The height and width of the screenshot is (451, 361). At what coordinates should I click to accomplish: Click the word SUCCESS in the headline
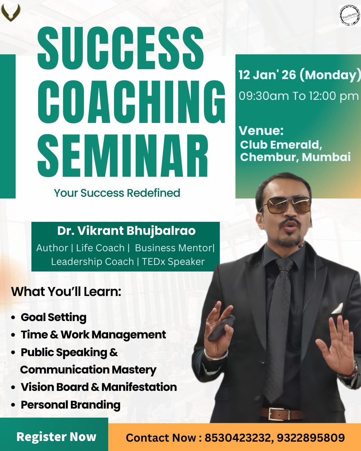pyautogui.click(x=120, y=48)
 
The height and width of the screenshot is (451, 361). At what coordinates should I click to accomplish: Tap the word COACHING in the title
pyautogui.click(x=131, y=102)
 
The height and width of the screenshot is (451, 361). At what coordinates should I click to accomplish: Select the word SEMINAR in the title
pyautogui.click(x=123, y=156)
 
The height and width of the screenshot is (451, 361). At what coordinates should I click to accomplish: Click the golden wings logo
pyautogui.click(x=11, y=13)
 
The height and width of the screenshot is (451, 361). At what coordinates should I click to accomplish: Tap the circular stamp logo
pyautogui.click(x=349, y=16)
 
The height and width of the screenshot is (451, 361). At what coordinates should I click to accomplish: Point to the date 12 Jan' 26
pyautogui.click(x=267, y=75)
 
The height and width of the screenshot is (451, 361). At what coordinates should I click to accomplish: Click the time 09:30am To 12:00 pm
pyautogui.click(x=298, y=96)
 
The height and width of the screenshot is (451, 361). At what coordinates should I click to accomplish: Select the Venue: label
pyautogui.click(x=261, y=131)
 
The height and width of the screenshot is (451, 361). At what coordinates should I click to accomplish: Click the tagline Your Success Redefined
pyautogui.click(x=117, y=193)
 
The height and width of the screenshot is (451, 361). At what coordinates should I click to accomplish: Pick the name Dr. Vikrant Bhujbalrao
pyautogui.click(x=126, y=231)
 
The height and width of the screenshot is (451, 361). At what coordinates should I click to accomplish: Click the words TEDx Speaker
pyautogui.click(x=173, y=262)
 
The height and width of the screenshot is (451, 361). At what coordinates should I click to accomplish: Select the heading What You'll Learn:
pyautogui.click(x=66, y=292)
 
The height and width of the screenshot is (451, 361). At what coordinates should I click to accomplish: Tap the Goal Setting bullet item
pyautogui.click(x=53, y=317)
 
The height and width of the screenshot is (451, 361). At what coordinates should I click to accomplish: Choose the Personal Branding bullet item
pyautogui.click(x=71, y=405)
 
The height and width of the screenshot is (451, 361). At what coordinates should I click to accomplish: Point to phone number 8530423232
pyautogui.click(x=239, y=438)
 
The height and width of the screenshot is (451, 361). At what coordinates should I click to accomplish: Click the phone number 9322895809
pyautogui.click(x=311, y=438)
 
